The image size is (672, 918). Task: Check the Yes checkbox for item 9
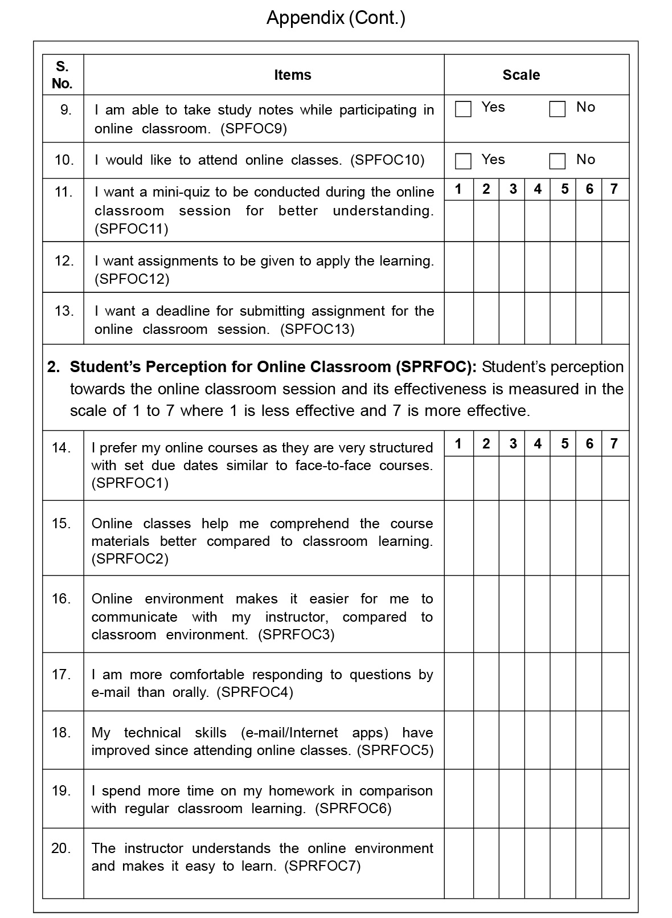tap(463, 109)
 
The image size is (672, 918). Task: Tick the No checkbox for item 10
tap(557, 161)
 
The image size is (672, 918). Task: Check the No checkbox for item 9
tap(557, 109)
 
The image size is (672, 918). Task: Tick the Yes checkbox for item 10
tap(463, 161)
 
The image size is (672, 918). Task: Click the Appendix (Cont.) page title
tap(336, 18)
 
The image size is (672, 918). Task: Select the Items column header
tap(293, 75)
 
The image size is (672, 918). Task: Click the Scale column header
tap(521, 75)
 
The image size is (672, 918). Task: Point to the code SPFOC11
tap(132, 229)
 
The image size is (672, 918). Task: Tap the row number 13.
tap(64, 311)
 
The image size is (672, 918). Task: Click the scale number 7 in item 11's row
tap(614, 189)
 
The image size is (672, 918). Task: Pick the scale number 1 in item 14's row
tap(458, 443)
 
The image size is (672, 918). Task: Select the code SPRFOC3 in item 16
tap(296, 635)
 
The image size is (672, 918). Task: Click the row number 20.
tap(61, 848)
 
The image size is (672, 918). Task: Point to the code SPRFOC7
tap(322, 867)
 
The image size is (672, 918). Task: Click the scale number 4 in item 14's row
tap(538, 443)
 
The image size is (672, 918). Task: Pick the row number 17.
tap(61, 675)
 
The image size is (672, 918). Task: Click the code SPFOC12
tap(132, 279)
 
